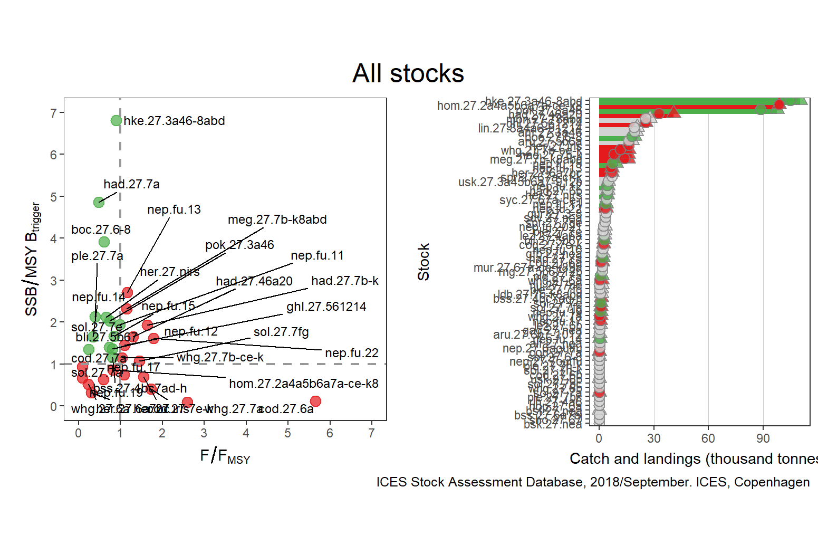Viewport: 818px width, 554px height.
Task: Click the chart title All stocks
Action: tap(408, 73)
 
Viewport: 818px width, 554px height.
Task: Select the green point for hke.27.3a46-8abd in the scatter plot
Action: tap(117, 121)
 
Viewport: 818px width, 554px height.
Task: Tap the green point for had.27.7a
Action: tap(99, 202)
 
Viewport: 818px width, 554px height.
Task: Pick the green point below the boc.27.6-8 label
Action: tap(104, 242)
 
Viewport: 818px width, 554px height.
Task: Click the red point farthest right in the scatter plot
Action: tap(315, 401)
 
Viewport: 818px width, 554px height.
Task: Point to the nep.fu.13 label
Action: tap(174, 209)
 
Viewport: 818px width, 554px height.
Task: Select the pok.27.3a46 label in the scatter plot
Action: tap(239, 245)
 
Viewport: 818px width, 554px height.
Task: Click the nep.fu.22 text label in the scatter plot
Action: tap(352, 353)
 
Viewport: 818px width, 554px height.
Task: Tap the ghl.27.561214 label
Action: tap(326, 307)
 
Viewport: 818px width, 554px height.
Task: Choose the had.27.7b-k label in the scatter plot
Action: tap(344, 281)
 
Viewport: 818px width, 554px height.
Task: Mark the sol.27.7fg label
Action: tap(281, 332)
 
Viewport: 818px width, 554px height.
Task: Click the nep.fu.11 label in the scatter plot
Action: tap(317, 255)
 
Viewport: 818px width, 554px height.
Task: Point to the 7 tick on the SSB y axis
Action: tap(54, 113)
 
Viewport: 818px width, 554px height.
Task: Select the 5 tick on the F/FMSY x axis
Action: tap(287, 433)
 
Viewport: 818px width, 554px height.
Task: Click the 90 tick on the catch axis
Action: tap(763, 438)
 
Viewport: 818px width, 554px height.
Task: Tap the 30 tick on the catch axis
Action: tap(654, 438)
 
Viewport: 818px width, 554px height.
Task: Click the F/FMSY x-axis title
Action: tap(225, 456)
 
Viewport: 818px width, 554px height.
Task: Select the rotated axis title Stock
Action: tap(424, 262)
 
